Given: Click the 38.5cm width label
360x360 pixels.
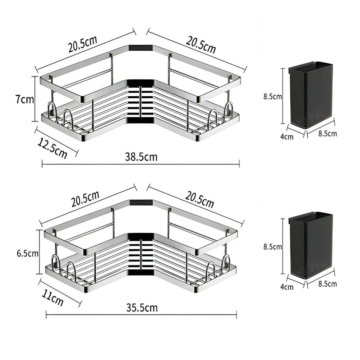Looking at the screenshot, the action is pos(141,157).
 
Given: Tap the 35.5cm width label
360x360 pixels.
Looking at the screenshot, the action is pos(142,308).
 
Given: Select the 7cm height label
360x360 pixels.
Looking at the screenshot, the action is pos(25,99).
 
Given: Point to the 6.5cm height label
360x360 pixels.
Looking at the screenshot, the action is pos(27,253).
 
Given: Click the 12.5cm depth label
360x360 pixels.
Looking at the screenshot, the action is pos(52,148).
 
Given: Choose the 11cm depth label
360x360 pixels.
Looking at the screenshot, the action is pos(53,298).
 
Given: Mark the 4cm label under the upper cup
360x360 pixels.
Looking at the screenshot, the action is pos(287,137).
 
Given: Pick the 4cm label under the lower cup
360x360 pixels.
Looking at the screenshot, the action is pos(287,287).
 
